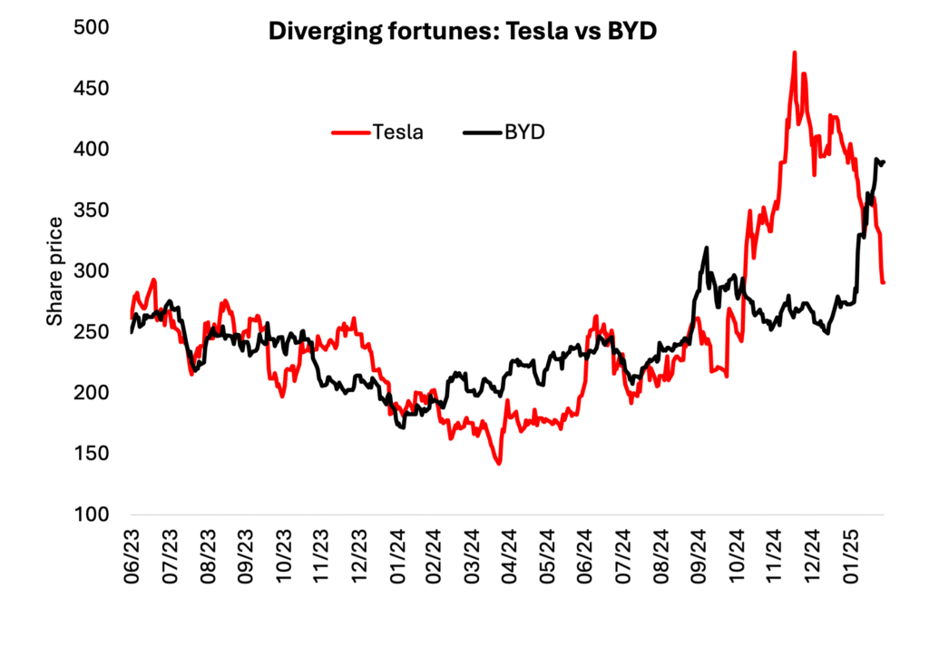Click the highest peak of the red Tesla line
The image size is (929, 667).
click(795, 53)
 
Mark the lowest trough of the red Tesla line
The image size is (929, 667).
click(499, 464)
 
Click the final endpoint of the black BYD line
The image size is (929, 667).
click(884, 162)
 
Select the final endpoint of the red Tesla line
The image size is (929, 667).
click(884, 282)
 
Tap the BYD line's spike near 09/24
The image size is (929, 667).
click(705, 247)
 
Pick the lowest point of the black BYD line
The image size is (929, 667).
click(402, 427)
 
